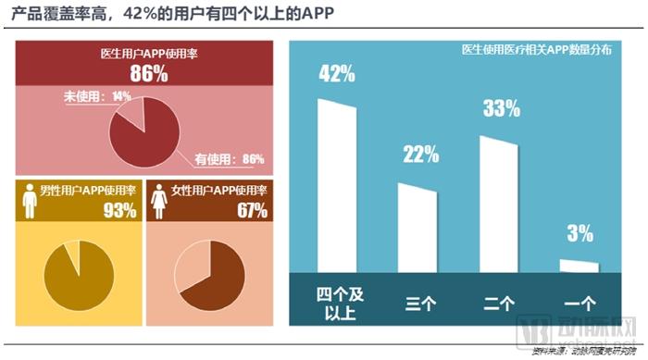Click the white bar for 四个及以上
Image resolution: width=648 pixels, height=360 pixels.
coord(337,185)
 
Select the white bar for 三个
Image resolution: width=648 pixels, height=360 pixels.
coord(417,227)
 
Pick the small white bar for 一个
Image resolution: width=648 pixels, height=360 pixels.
coord(579,266)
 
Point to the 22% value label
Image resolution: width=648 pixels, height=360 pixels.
coord(420,155)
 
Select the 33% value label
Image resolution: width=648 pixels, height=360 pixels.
coord(501,109)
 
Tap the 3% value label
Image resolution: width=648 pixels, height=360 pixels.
coord(580,234)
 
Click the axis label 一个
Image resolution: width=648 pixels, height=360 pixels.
coord(580,303)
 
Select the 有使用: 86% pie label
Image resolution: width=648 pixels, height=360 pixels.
coord(228,158)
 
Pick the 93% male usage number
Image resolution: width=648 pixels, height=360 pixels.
coord(119,210)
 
